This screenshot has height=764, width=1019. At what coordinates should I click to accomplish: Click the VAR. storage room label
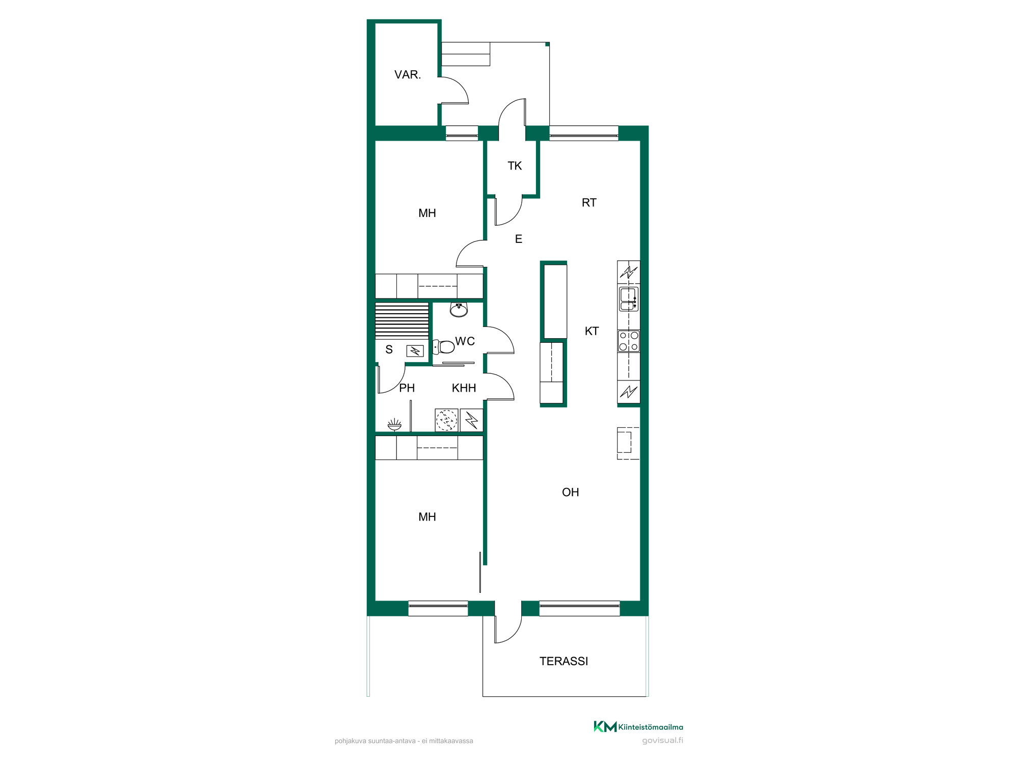coord(408,75)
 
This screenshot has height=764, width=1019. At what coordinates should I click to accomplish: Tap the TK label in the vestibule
coord(515,166)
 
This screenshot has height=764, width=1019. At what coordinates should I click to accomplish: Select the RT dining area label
coord(589,203)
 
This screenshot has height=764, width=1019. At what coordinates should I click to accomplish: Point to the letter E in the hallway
coord(519,239)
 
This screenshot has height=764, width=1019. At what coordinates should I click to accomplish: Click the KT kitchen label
coord(592,331)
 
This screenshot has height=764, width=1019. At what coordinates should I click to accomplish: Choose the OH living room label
coord(571,492)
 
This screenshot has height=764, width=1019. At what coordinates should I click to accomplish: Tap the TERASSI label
coord(564,661)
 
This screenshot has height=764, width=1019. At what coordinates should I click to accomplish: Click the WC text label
coord(465,341)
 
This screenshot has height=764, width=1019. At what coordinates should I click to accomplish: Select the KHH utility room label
coord(464,388)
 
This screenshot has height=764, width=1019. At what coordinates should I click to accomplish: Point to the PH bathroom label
coord(407,388)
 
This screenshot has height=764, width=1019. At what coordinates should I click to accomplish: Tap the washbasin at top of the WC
coord(459,309)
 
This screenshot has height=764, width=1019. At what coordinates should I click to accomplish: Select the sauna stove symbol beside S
coord(415,351)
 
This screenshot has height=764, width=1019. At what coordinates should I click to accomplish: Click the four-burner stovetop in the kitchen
coord(629,341)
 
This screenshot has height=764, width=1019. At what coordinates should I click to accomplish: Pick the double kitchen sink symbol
coord(629,299)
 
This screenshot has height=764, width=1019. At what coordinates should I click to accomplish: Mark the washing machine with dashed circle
coord(446,420)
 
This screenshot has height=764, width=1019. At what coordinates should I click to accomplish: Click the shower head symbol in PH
coord(394,424)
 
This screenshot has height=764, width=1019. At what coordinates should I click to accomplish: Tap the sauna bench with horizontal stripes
coord(402,321)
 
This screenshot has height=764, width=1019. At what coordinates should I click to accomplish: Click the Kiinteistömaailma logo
coord(638,727)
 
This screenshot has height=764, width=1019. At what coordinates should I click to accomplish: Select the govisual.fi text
coord(662,741)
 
